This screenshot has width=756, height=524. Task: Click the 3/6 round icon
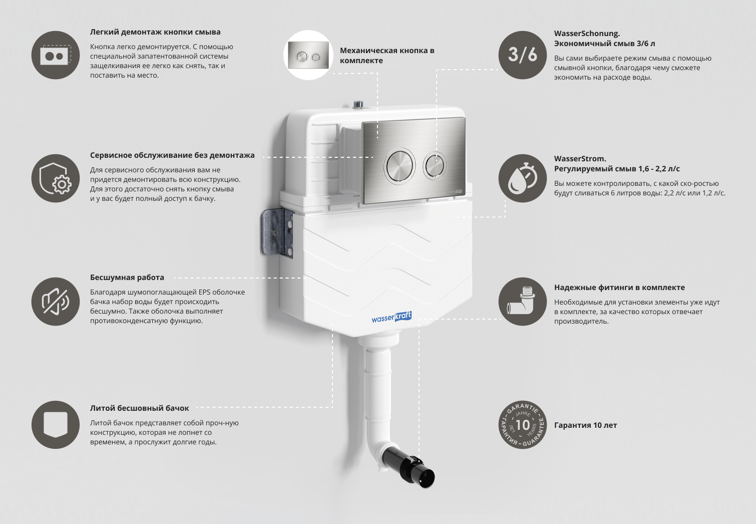click(522, 55)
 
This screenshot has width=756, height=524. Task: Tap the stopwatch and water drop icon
click(522, 178)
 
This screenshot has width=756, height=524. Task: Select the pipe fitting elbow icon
click(522, 302)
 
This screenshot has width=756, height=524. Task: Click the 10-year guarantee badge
click(522, 425)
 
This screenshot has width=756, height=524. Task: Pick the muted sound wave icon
click(56, 302)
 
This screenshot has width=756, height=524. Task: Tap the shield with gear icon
click(56, 178)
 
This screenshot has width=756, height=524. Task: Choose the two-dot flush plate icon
click(56, 55)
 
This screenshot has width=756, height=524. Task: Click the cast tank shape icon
click(56, 425)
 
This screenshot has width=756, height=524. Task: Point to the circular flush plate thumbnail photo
click(308, 55)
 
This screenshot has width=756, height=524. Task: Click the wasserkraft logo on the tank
click(391, 317)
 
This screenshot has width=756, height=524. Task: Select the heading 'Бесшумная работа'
click(127, 278)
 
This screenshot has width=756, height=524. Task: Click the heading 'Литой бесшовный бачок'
click(139, 408)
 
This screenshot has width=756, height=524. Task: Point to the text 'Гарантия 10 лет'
click(585, 425)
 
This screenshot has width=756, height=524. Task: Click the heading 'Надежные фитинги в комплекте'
click(619, 288)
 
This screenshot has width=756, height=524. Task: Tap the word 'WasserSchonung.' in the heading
click(587, 34)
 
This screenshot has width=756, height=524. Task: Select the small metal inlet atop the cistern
click(358, 105)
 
